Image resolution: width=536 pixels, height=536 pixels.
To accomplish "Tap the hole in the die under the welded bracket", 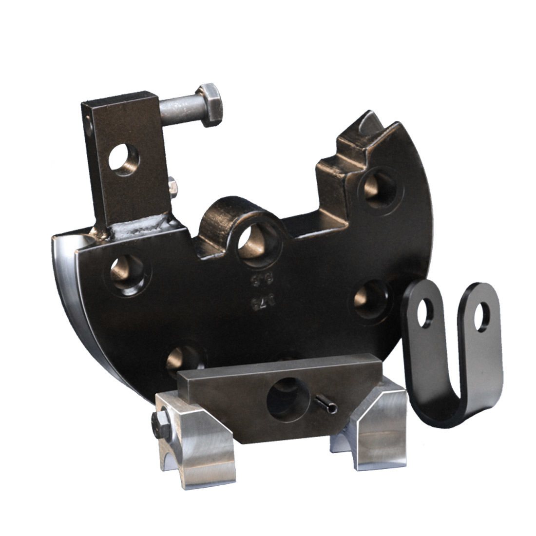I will [x=127, y=271].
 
